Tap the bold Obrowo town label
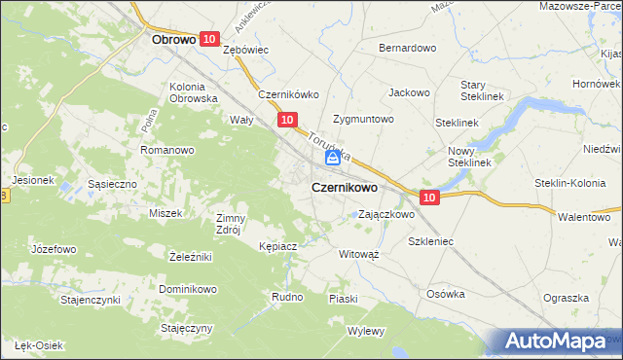tap(175, 41)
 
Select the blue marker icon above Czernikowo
tap(332, 157)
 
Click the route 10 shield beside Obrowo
tap(210, 39)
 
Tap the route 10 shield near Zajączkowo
tap(431, 198)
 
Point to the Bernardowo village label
tap(407, 48)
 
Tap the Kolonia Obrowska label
tap(193, 92)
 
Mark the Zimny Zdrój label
tap(232, 224)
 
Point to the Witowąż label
tap(358, 253)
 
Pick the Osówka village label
tap(447, 294)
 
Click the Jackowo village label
tap(410, 93)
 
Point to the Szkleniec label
tap(431, 239)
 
